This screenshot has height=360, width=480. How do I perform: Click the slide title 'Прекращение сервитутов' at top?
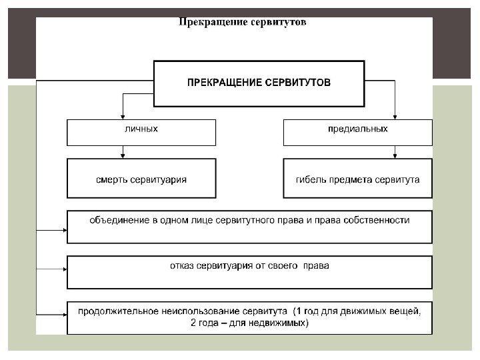242,22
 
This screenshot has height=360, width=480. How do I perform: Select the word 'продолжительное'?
115,311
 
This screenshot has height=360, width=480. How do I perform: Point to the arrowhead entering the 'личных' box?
123,115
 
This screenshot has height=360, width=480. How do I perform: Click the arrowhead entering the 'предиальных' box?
395,115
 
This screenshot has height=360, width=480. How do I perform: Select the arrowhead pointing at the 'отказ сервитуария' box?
64,269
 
